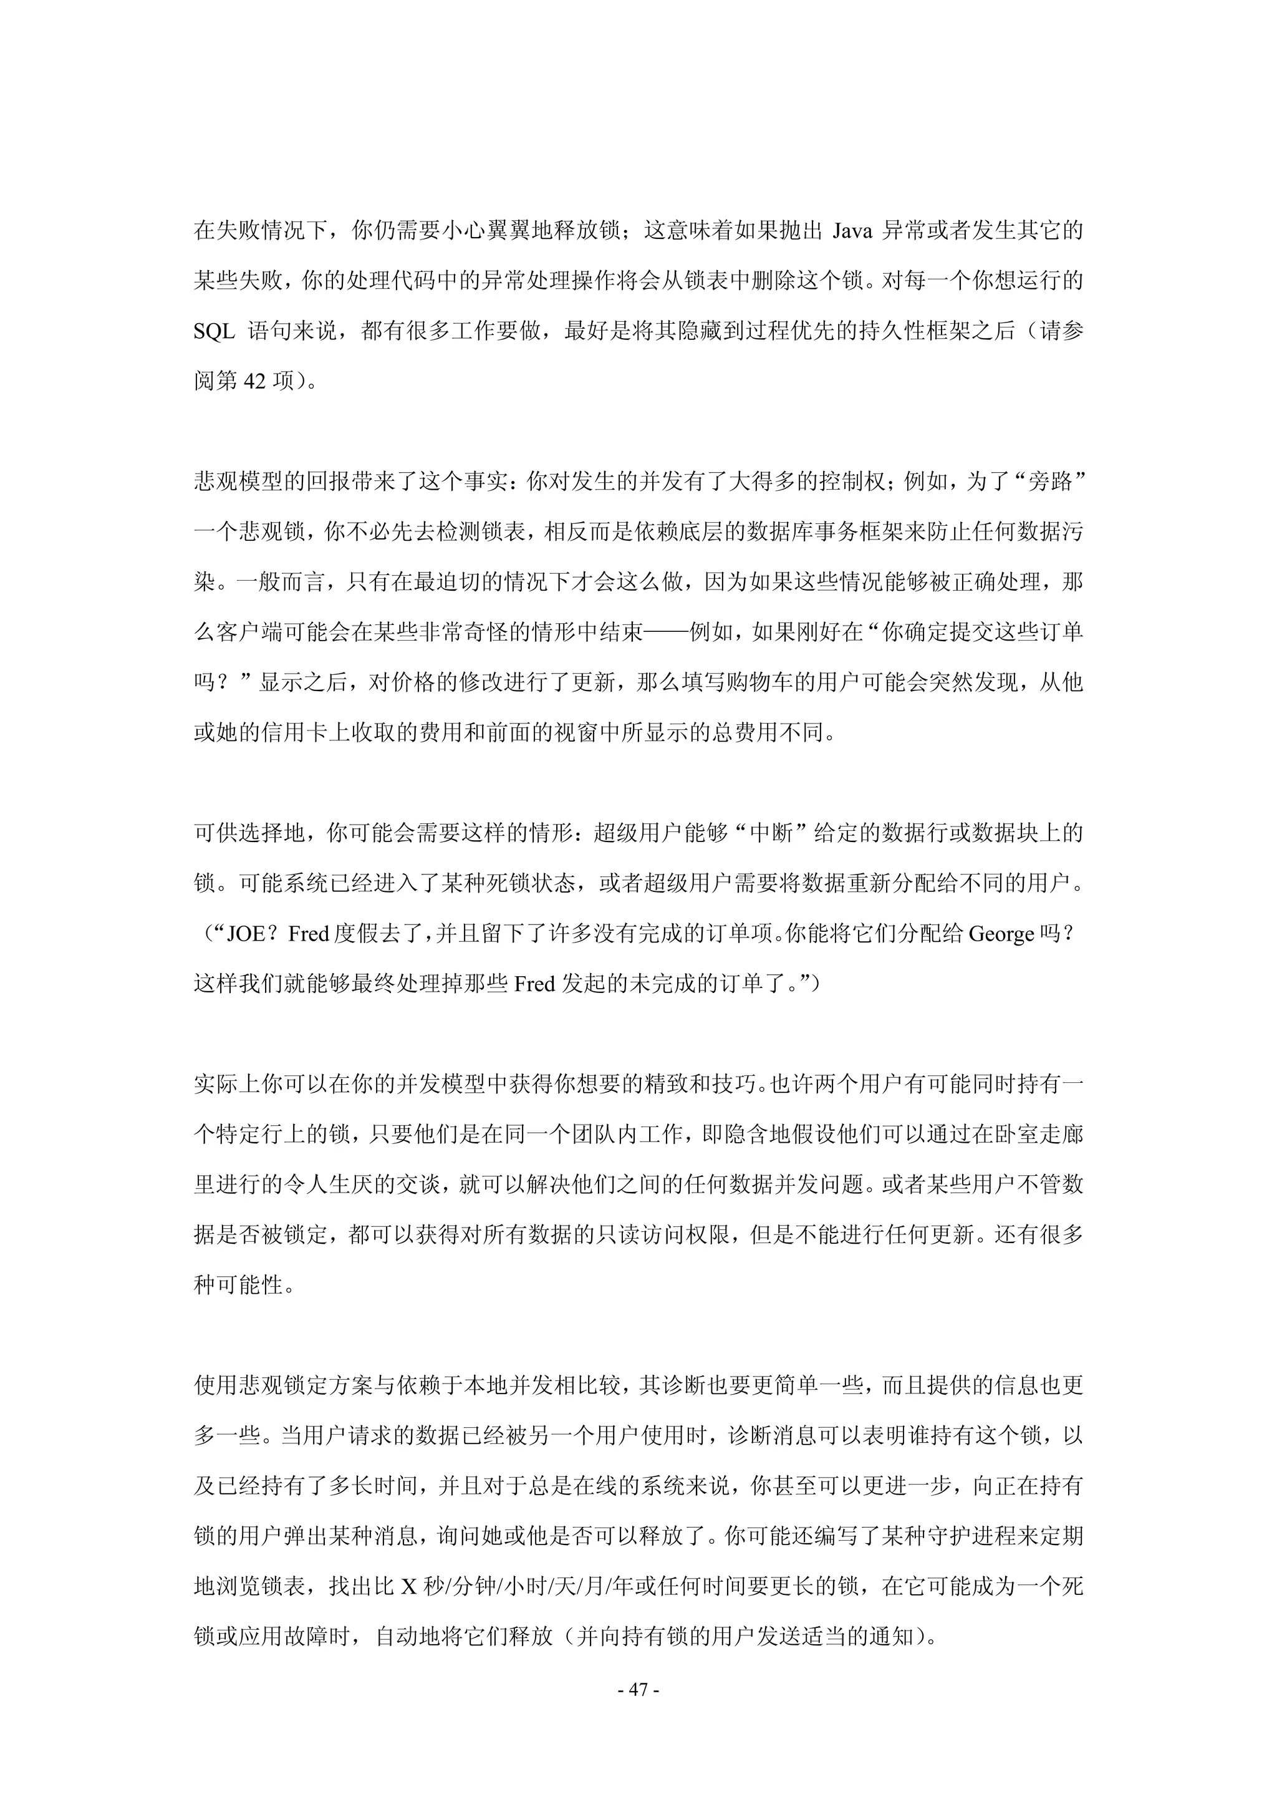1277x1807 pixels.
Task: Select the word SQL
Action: tap(214, 331)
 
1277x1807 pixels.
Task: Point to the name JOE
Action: tap(248, 935)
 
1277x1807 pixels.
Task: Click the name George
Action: tap(1001, 935)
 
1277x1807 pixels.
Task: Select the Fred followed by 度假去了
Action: tap(309, 935)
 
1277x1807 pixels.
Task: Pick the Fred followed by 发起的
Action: tap(534, 984)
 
